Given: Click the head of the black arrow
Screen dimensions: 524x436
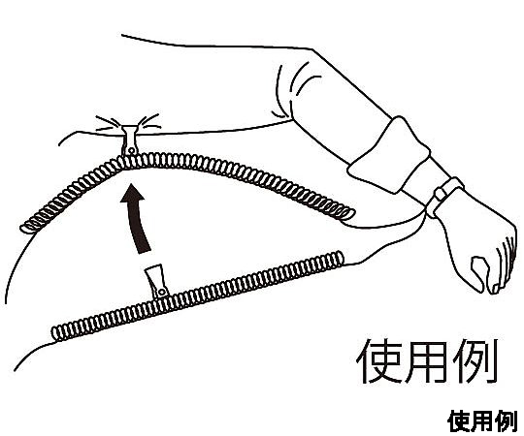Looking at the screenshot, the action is (x=132, y=193).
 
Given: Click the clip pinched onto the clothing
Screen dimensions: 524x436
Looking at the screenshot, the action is (x=130, y=140).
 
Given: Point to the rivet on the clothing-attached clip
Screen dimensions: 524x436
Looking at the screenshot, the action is (x=131, y=151).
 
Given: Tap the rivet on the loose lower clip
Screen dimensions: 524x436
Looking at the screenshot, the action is (x=162, y=293).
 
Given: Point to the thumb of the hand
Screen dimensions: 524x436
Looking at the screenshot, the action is (x=478, y=273).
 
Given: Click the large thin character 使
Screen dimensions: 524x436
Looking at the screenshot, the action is (x=378, y=361).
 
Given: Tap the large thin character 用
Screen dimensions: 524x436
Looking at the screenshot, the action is (x=426, y=361).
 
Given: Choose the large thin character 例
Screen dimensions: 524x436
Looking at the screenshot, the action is (x=475, y=361).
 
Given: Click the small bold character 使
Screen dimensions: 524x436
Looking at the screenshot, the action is (x=459, y=421).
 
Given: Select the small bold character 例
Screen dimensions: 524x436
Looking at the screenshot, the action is (x=507, y=421).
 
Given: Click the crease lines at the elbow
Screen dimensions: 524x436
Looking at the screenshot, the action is (x=294, y=90).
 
